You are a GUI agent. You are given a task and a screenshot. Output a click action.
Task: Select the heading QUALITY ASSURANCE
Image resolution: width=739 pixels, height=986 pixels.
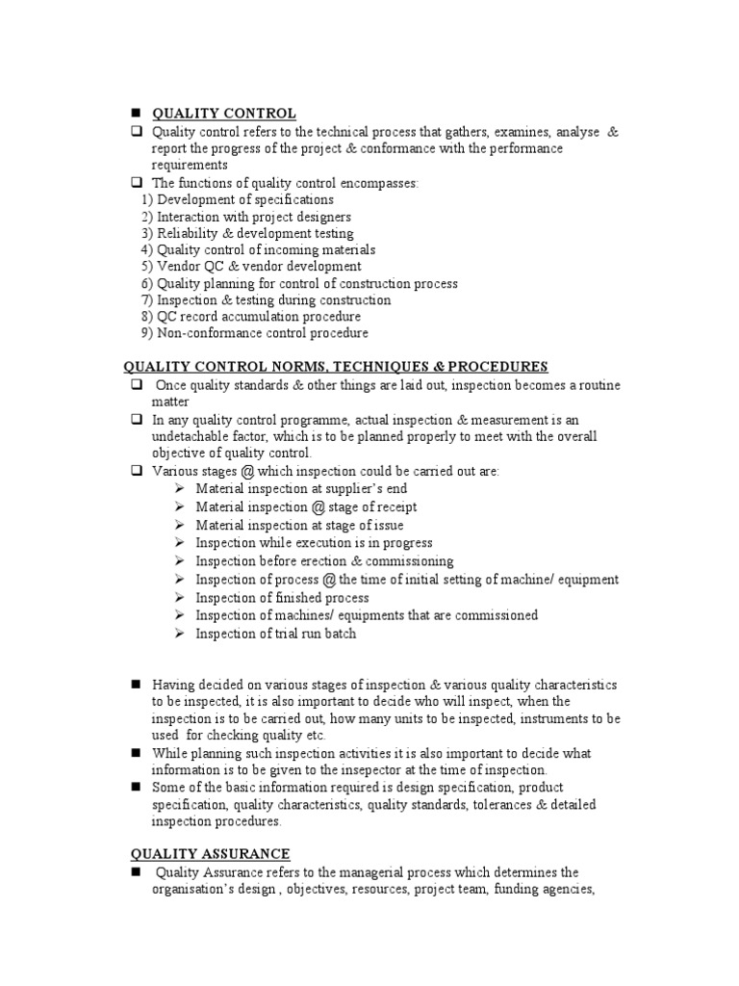tap(210, 854)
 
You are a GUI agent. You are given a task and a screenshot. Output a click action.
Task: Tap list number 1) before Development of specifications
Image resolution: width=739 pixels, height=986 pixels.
tap(147, 199)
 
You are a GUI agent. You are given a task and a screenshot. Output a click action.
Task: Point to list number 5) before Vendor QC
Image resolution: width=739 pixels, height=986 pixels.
tap(147, 266)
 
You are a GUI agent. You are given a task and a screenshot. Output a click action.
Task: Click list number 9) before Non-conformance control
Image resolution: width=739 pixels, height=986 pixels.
tap(147, 333)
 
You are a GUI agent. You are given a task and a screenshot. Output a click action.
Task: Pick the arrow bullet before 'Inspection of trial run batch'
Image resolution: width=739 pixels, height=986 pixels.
tap(180, 634)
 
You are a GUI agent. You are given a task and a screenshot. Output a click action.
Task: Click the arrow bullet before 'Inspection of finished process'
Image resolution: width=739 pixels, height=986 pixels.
tap(180, 598)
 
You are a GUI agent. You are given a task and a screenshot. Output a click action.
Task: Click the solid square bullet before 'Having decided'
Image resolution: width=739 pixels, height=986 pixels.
tap(136, 685)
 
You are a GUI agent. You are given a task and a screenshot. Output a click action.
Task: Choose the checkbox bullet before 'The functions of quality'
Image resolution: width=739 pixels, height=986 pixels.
tap(136, 182)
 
